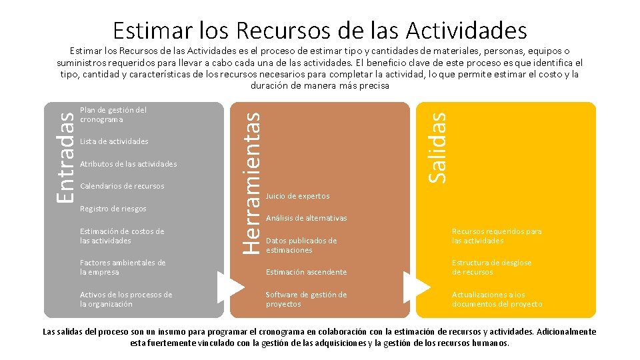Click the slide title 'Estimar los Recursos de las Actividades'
tap(320, 30)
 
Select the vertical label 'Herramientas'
tap(250, 181)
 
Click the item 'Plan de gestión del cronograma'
tap(113, 115)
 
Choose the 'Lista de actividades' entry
tap(114, 141)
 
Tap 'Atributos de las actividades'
tap(128, 164)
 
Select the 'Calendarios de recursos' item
tap(121, 186)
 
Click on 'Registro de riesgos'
tap(113, 209)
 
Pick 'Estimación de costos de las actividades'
tap(122, 236)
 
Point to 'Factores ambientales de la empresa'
tap(123, 267)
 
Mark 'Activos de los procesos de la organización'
tap(126, 299)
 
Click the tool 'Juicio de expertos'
tap(297, 196)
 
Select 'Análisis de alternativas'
tap(306, 218)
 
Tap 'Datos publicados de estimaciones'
tap(301, 245)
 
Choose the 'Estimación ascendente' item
tap(306, 272)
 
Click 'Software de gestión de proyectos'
tap(306, 299)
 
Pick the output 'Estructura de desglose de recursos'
tap(492, 267)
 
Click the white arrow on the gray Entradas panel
tap(231, 287)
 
